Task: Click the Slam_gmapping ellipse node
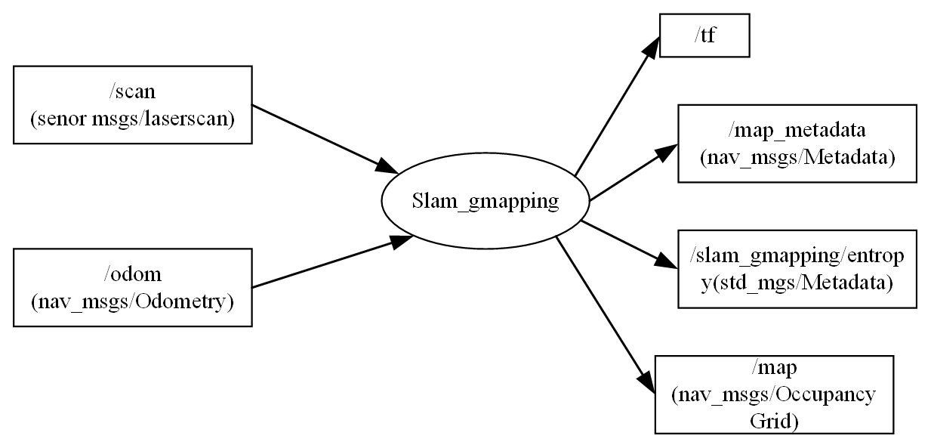486,202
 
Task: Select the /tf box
704,35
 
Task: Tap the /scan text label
132,92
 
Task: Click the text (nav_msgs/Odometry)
132,301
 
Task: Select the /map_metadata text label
797,131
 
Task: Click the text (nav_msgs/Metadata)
797,157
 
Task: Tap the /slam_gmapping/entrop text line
797,256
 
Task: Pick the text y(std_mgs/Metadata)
797,283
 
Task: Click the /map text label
774,368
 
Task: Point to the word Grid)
774,420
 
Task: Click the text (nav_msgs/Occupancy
774,394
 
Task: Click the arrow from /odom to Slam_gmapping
325,264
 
